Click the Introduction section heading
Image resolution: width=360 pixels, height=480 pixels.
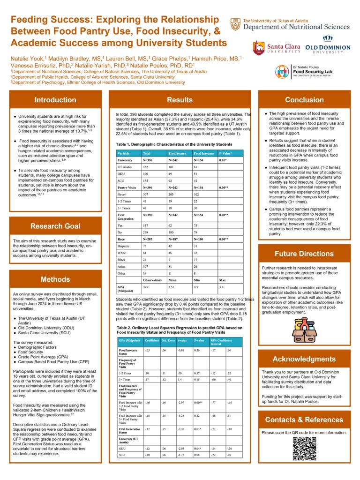(x=55, y=99)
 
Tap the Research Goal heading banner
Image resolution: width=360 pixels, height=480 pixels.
(x=55, y=226)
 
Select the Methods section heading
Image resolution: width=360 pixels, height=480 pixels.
(x=55, y=279)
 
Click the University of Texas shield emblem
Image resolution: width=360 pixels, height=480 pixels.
(x=235, y=24)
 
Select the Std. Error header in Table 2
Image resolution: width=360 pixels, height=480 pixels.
(x=169, y=340)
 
